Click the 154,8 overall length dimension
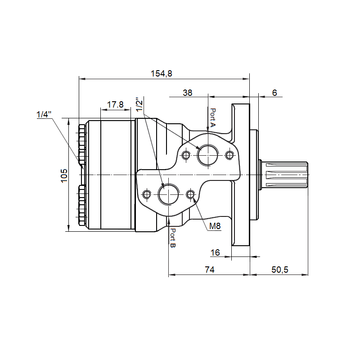tap(161, 73)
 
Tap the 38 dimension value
tap(187, 93)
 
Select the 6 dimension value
tap(274, 93)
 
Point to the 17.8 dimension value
tap(115, 104)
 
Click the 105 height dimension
tap(64, 175)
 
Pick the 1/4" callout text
tap(44, 114)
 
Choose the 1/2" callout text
tap(139, 105)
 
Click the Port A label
tap(213, 117)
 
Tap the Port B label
tap(173, 238)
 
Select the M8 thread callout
tap(215, 226)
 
